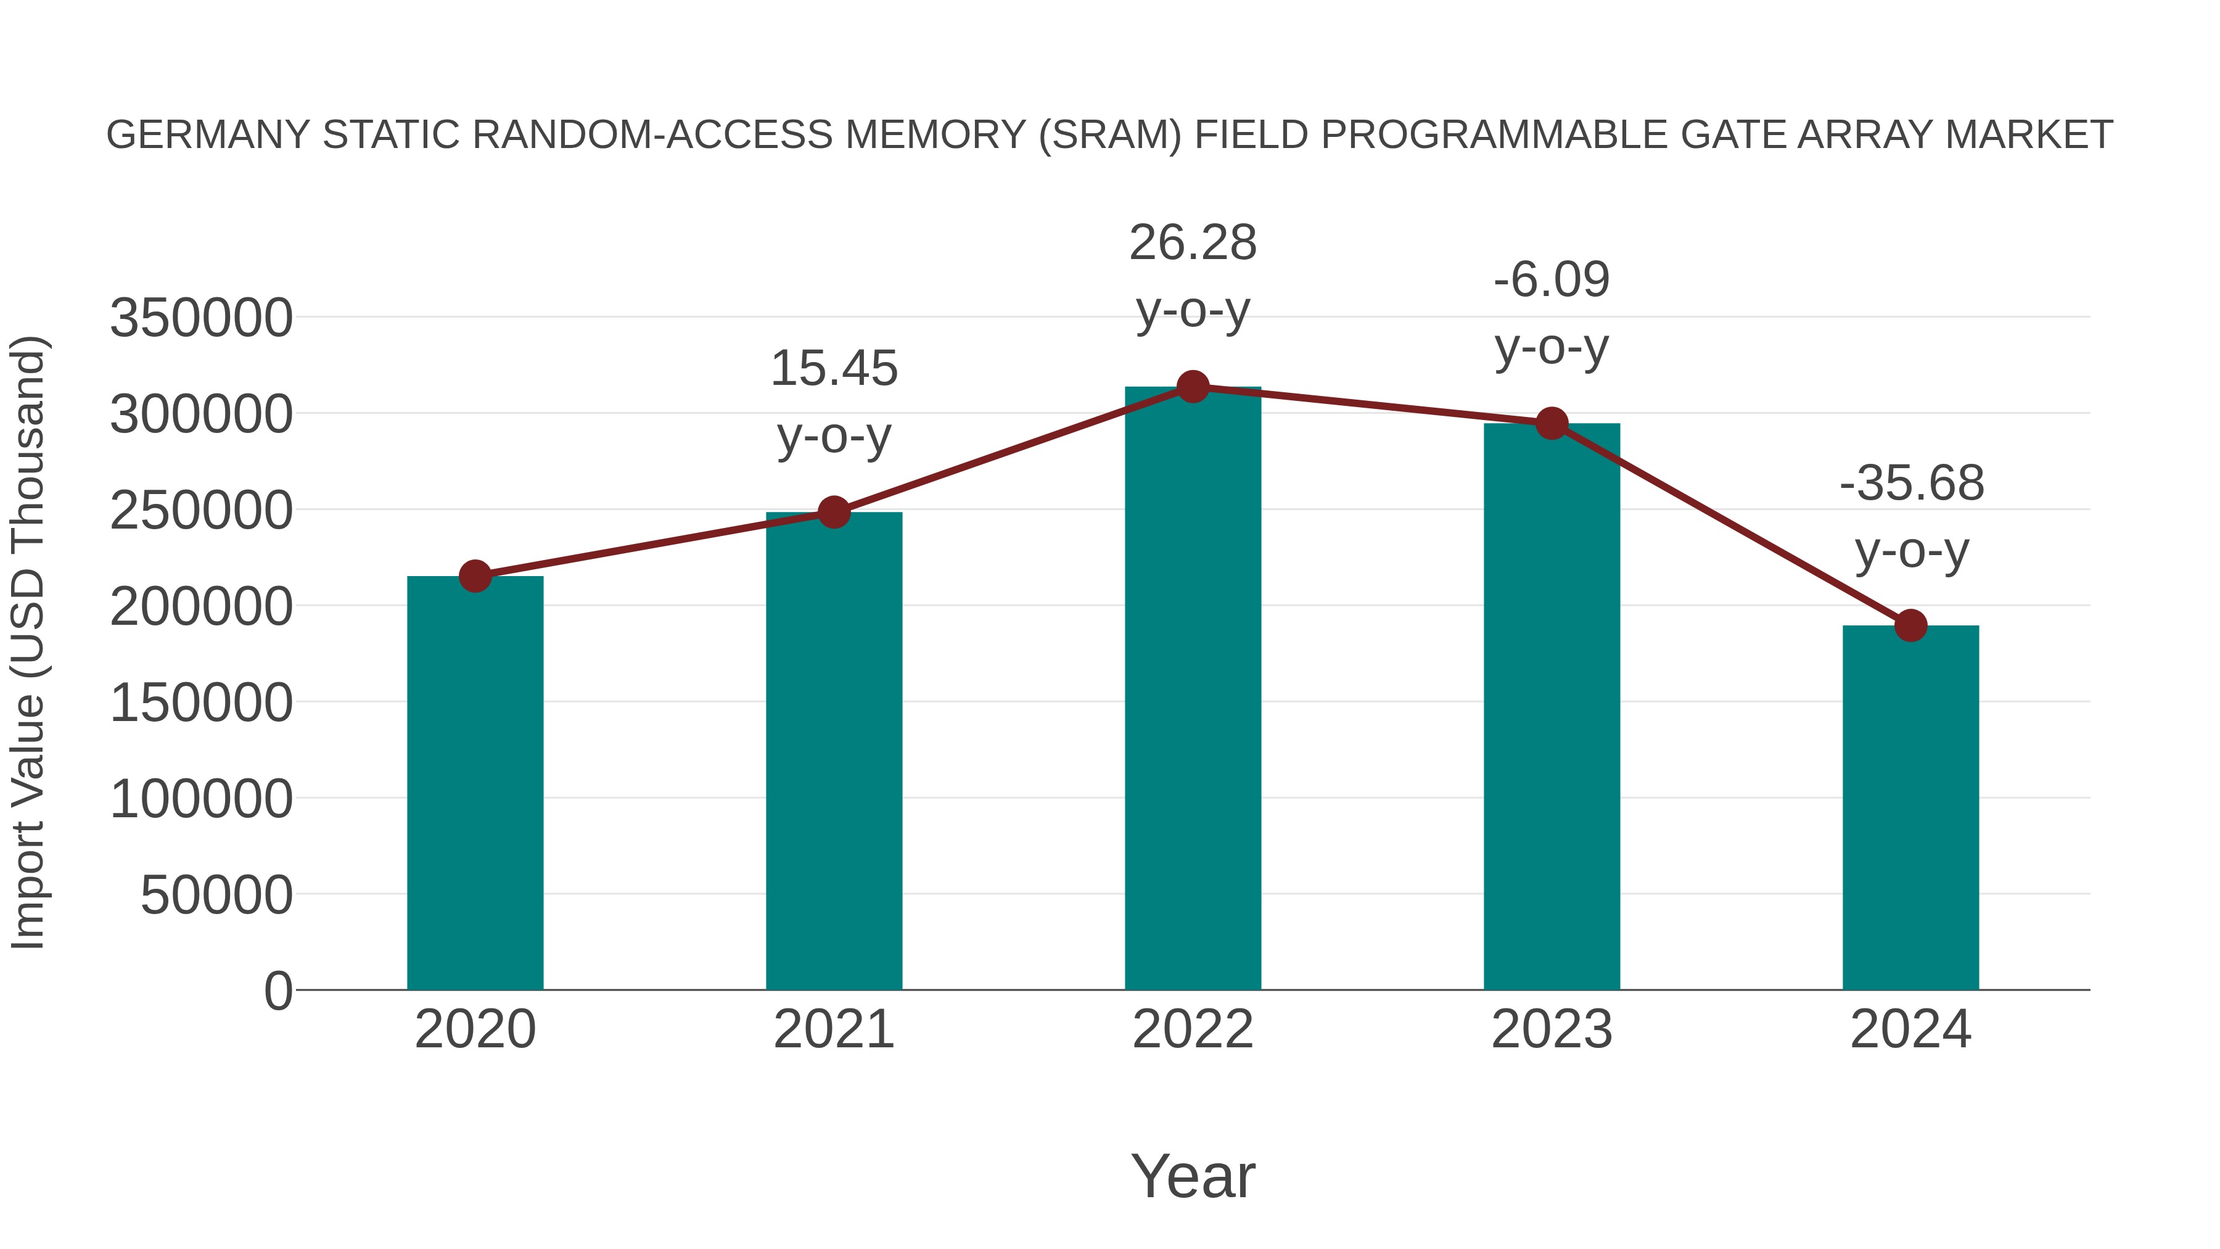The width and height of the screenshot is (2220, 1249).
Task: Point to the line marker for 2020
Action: point(475,577)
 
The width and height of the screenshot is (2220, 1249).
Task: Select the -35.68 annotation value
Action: point(1912,483)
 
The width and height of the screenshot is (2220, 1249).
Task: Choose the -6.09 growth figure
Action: point(1552,280)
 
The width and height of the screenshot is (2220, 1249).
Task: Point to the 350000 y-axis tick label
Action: point(201,318)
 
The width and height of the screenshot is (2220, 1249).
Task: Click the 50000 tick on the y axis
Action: point(216,896)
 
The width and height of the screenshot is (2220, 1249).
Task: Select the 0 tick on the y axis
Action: point(278,991)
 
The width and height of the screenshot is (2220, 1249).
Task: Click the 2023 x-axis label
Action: point(1552,1030)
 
